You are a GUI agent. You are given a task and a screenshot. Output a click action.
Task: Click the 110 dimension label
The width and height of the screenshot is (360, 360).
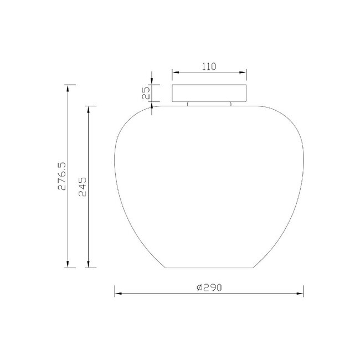[209, 66]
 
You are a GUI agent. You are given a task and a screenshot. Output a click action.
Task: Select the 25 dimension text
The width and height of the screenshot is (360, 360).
[146, 93]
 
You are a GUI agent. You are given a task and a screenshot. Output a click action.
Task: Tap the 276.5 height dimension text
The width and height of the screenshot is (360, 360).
[62, 176]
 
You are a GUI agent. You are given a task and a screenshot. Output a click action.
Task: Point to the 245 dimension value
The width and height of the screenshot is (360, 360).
[83, 187]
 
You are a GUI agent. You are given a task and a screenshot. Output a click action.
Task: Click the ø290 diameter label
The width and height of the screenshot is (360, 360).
[209, 287]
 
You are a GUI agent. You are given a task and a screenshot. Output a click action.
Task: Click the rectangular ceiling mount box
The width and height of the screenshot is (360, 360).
[209, 93]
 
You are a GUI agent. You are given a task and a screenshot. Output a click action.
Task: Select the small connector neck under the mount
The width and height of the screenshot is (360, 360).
[209, 104]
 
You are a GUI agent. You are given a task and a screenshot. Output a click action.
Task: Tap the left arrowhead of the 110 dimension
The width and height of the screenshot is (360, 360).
[176, 73]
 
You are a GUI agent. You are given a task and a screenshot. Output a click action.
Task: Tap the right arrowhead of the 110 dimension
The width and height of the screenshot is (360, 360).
[243, 73]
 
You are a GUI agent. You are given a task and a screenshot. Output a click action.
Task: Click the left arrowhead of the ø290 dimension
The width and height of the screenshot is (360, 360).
[118, 294]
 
